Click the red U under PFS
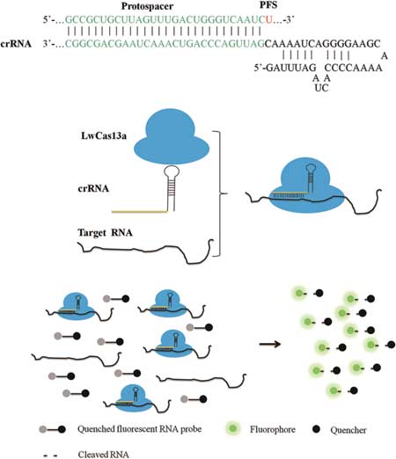pos(268,19)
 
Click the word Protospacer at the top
pos(147,6)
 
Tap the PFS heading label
pos(268,5)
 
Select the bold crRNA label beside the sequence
pos(16,44)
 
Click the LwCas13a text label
pos(104,136)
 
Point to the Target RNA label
pos(105,233)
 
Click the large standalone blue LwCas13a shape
pos(172,136)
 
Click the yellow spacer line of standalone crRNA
pos(140,211)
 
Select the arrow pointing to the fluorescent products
pos(270,344)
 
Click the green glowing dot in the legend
pos(232,429)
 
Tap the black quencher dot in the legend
pos(316,429)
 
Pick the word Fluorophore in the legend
pos(273,430)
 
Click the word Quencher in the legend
pos(348,430)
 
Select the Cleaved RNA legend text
pos(103,455)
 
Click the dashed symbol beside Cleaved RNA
pos(50,455)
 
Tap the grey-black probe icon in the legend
pos(52,430)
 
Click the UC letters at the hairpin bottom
pos(321,88)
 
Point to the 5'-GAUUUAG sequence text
pos(285,68)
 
